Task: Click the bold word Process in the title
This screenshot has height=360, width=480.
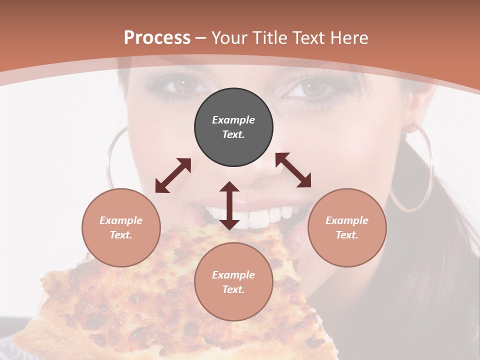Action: [x=157, y=38]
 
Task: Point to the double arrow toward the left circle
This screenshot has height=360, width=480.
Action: [x=173, y=175]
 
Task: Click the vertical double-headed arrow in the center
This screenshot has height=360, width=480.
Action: [x=229, y=205]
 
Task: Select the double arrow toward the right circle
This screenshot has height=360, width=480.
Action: [x=293, y=170]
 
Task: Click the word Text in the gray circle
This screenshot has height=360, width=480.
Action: [x=233, y=134]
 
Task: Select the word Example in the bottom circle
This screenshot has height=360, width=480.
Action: [x=233, y=275]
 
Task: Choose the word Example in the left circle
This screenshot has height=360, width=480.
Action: [x=121, y=220]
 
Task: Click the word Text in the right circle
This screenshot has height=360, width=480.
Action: [x=347, y=235]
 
